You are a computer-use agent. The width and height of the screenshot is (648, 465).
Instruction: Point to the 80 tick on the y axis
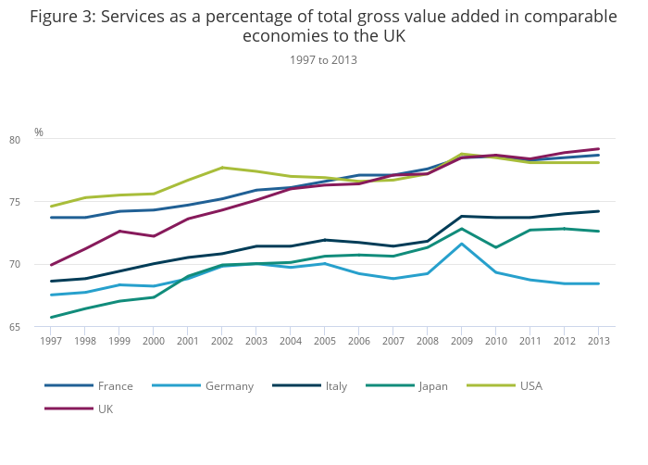coord(41,140)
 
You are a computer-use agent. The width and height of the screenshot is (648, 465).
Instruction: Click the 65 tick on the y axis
coord(41,327)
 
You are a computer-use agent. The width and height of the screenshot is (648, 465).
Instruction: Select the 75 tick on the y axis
coord(41,202)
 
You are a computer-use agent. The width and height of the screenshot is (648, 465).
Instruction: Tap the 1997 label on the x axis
coord(51,341)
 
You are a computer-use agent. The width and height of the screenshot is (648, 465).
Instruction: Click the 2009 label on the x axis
coord(461,341)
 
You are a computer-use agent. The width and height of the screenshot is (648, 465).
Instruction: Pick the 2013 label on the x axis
coord(598,341)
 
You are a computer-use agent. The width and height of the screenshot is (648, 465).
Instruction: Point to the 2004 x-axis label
coord(290,341)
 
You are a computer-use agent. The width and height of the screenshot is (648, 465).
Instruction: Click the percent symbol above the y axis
coord(39,132)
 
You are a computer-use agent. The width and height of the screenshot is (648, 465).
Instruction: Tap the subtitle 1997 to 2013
coord(323,60)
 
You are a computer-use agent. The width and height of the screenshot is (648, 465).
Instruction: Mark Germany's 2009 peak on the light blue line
coord(461,244)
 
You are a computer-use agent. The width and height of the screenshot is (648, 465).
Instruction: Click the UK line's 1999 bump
coord(119,231)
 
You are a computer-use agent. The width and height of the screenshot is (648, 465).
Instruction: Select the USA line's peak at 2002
coord(222,168)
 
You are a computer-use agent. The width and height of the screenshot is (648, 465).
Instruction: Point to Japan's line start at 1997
coord(51,318)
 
